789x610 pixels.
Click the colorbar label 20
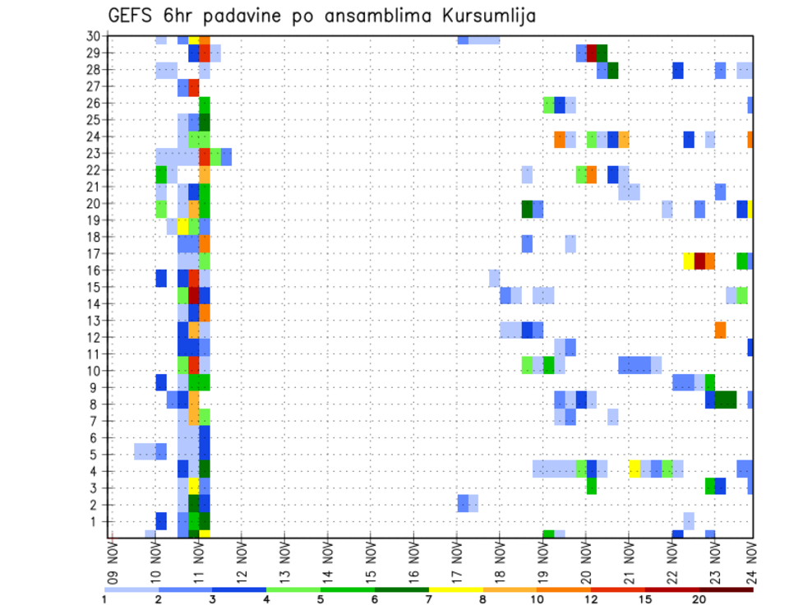click(x=699, y=599)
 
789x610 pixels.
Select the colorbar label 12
click(x=591, y=599)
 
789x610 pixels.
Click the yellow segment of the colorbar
click(x=456, y=589)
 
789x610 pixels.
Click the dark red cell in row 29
click(x=592, y=53)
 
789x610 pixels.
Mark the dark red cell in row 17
click(x=699, y=261)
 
